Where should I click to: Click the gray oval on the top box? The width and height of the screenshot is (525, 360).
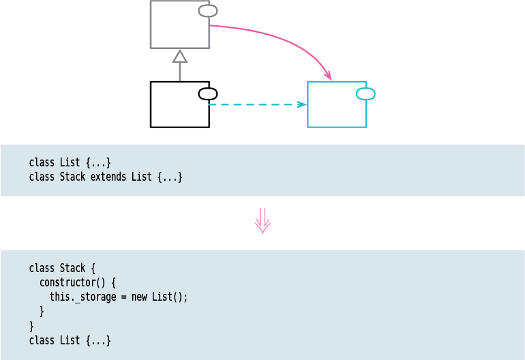[x=208, y=11]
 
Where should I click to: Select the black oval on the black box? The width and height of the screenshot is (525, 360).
[x=208, y=94]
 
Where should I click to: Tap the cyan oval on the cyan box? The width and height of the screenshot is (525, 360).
[x=365, y=94]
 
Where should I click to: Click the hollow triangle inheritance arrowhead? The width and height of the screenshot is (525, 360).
[x=180, y=56]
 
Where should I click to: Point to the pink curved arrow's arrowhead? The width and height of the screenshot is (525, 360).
[x=328, y=76]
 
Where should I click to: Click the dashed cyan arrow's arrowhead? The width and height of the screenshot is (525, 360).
[x=301, y=104]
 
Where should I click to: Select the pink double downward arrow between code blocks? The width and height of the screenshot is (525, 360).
[x=262, y=221]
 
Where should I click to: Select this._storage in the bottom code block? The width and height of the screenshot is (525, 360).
[x=88, y=297]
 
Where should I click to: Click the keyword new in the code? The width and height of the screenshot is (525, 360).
[x=140, y=297]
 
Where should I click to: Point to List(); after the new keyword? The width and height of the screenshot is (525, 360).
[x=169, y=297]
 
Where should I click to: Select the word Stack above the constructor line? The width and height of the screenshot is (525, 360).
[x=73, y=268]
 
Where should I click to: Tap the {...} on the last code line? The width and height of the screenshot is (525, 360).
[x=98, y=340]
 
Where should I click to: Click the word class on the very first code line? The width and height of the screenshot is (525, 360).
[x=42, y=162]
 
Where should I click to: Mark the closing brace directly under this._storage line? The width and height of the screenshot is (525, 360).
[x=42, y=311]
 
